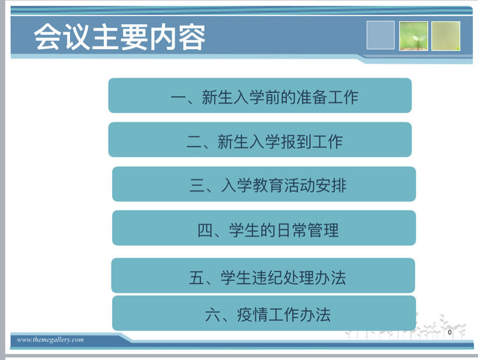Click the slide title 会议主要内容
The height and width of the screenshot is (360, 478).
click(120, 37)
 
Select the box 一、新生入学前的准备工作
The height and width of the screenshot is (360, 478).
click(260, 96)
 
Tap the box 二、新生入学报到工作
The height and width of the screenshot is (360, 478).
click(260, 140)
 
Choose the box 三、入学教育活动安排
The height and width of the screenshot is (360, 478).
click(264, 184)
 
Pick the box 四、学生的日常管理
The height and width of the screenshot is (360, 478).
click(264, 228)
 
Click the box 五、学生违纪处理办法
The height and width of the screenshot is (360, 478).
click(263, 275)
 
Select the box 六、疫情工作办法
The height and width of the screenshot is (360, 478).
click(264, 313)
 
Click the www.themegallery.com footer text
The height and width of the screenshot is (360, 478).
click(50, 340)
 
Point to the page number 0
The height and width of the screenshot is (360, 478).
click(450, 332)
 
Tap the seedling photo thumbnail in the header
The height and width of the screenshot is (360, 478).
click(414, 36)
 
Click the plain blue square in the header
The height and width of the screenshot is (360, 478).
click(380, 35)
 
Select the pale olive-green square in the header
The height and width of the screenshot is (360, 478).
click(445, 36)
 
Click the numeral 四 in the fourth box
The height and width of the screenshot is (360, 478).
click(205, 230)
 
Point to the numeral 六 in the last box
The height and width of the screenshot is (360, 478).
click(212, 315)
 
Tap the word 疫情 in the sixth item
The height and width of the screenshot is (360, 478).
click(252, 315)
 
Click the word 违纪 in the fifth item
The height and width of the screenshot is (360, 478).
click(268, 278)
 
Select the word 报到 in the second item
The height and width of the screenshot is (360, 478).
click(296, 142)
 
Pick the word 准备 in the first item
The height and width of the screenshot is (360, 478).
click(312, 97)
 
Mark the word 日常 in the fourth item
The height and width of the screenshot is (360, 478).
click(292, 230)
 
